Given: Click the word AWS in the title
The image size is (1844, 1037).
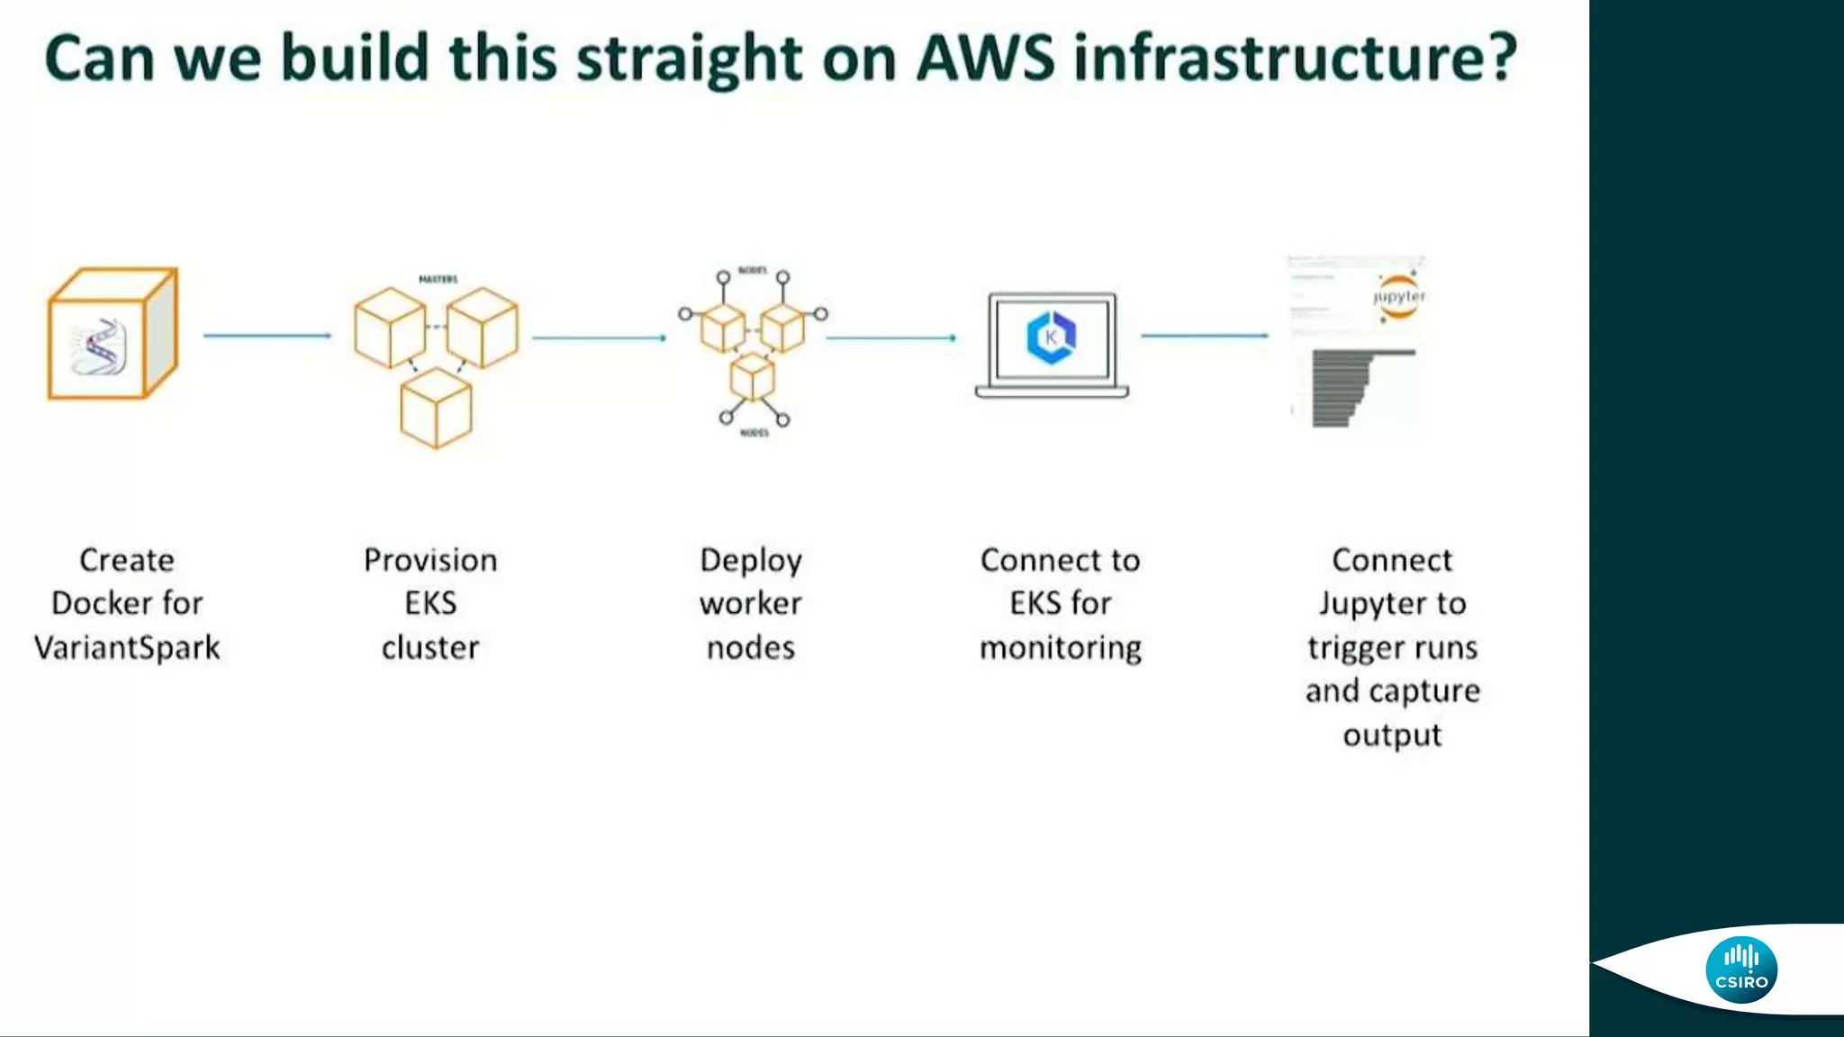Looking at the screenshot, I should coord(985,58).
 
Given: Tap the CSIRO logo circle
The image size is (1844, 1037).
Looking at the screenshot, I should coord(1740,969).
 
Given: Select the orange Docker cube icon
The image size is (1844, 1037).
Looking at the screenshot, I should coord(112,333).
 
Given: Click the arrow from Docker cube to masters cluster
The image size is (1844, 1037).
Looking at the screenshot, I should coord(267,336).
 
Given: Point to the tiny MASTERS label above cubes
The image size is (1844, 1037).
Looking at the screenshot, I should coord(438,279).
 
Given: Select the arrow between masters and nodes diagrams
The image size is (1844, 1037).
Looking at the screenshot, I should coord(599,338).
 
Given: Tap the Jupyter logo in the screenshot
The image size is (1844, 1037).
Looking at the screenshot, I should coord(1398,296).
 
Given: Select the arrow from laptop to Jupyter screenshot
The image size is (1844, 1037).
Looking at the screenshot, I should coord(1204,336).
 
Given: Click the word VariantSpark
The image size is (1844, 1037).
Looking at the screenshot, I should coord(127,647).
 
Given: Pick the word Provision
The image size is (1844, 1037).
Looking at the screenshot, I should coord(430,560).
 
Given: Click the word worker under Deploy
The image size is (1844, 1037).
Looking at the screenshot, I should coord(750,603).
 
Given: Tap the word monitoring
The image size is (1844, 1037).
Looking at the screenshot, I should coord(1061,648).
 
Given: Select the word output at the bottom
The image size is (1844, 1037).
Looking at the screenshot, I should coord(1392,735).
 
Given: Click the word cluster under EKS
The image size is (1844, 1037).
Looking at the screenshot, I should coord(430,647).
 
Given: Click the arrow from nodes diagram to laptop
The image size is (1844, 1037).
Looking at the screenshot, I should coord(890,338).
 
